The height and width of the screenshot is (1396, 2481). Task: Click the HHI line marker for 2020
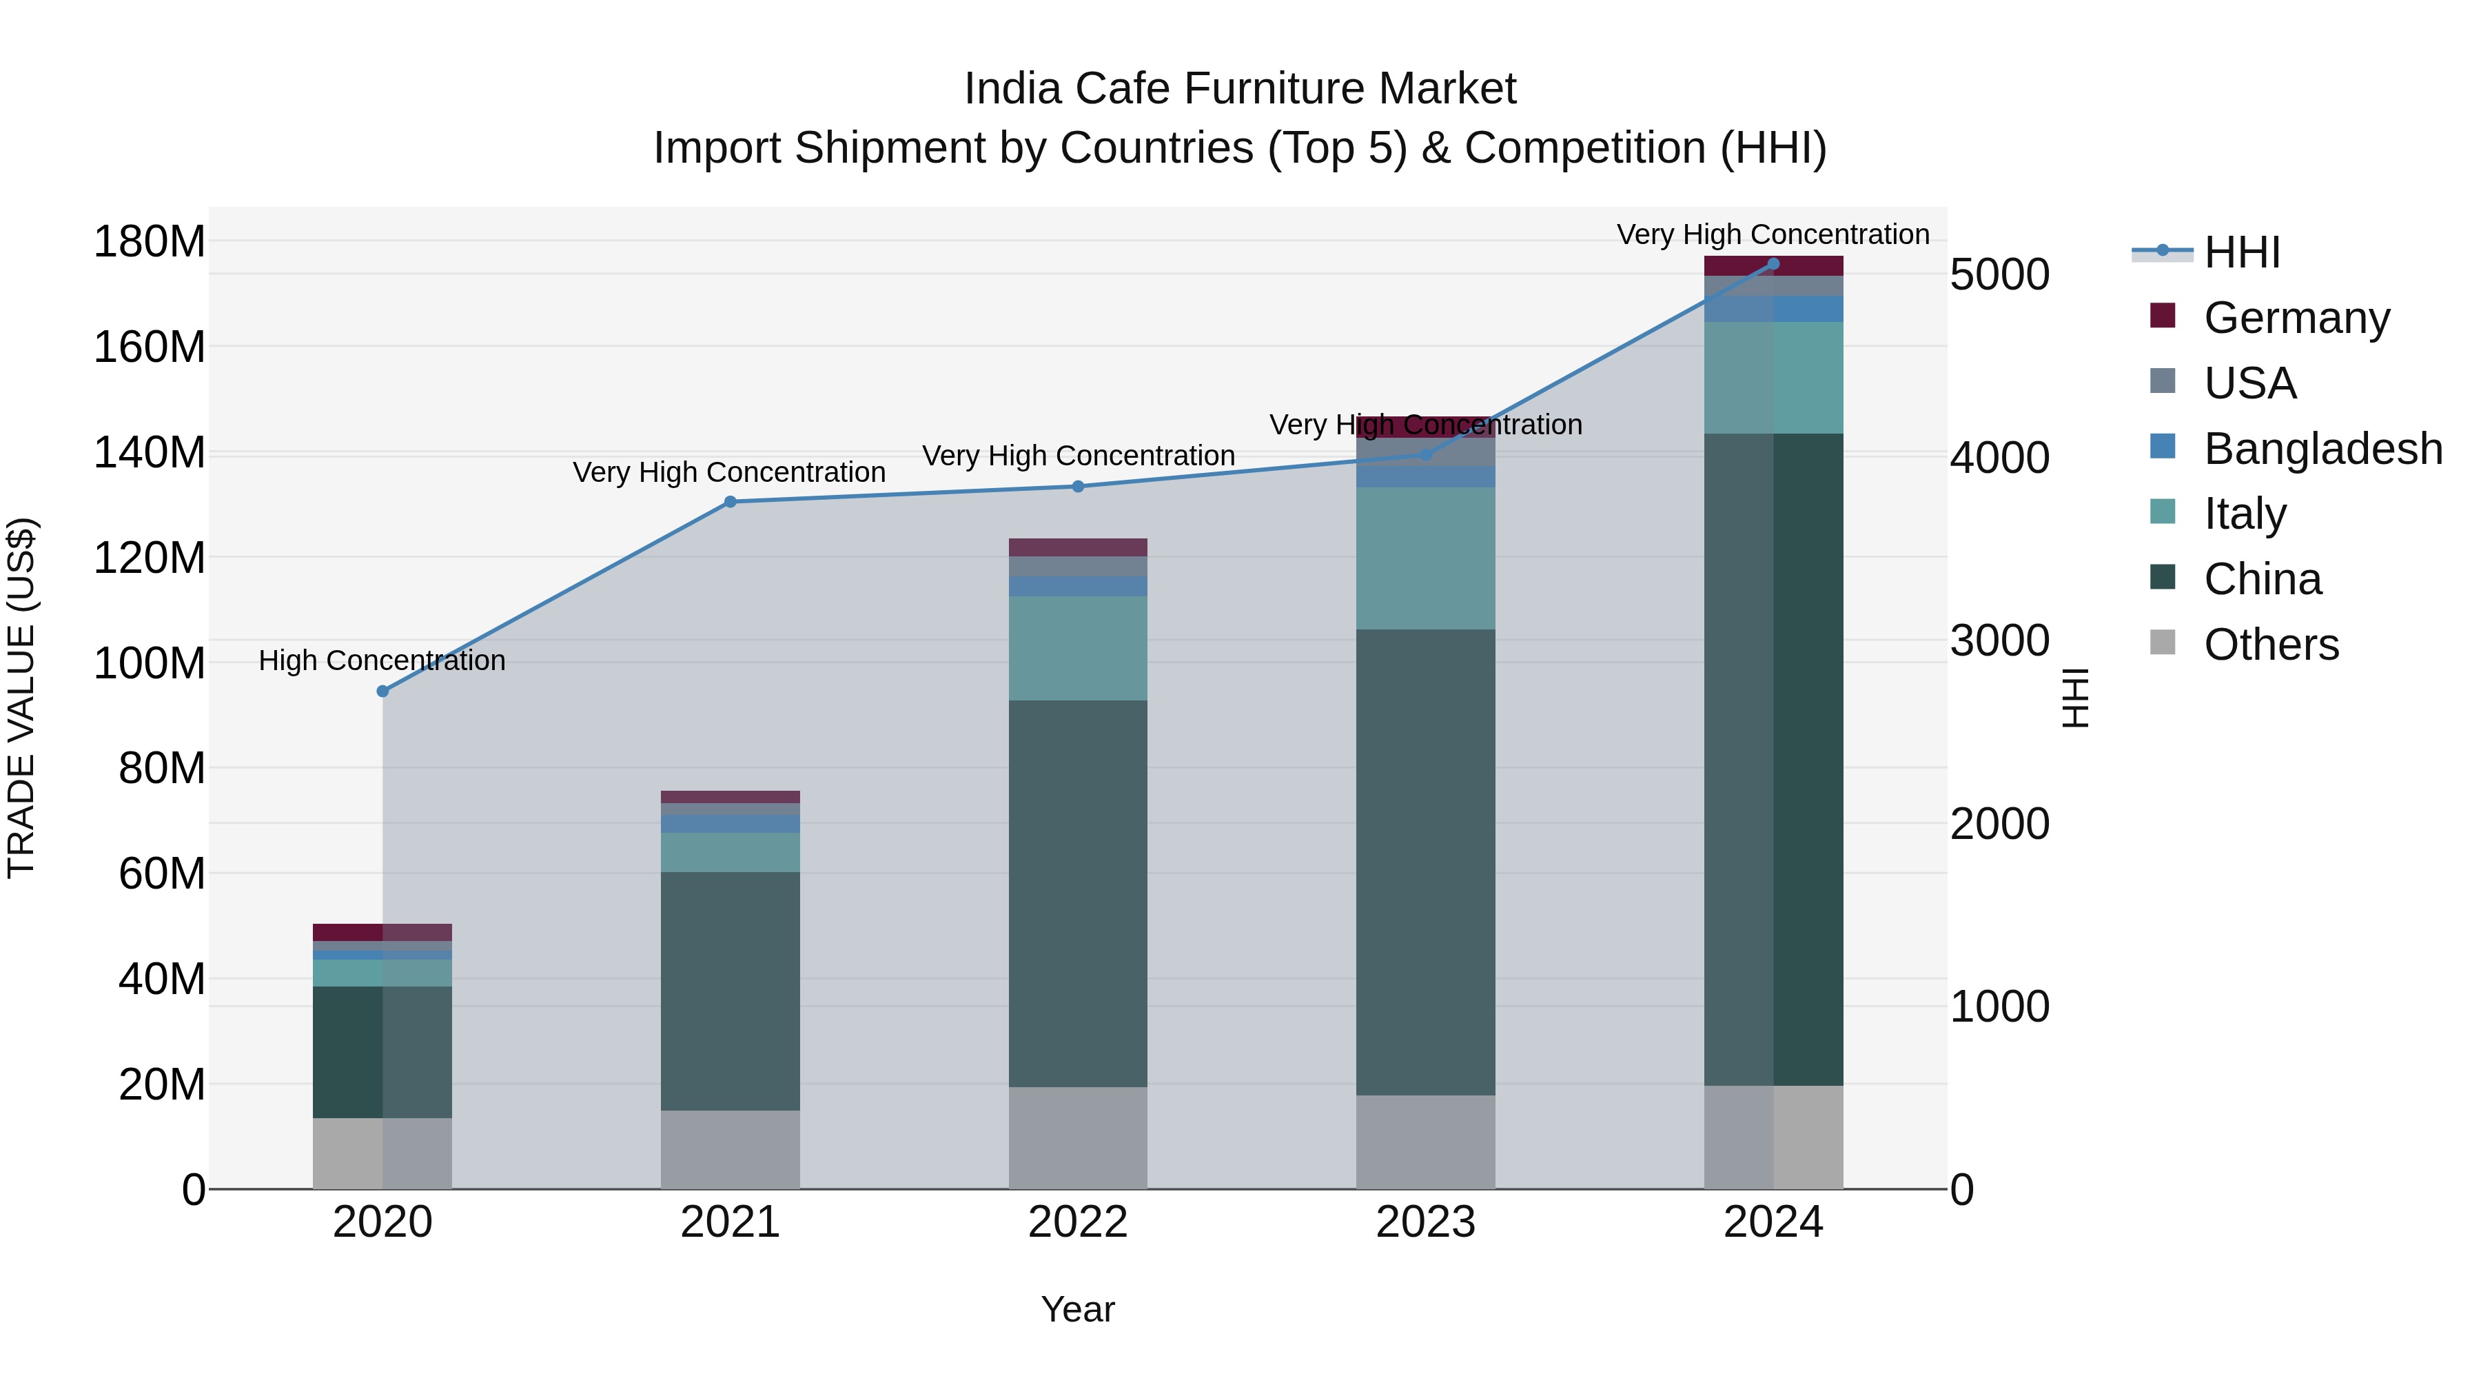point(382,691)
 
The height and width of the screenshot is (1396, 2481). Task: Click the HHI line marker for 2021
point(730,501)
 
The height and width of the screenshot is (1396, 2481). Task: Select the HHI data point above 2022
point(1078,487)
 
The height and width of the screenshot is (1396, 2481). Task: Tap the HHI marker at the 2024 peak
point(1773,264)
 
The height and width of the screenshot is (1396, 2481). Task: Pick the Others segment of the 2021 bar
point(730,1149)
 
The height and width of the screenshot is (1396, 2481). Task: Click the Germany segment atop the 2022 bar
point(1078,547)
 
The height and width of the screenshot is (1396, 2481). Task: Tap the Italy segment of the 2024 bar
point(1773,378)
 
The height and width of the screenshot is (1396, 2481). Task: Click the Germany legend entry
point(2296,318)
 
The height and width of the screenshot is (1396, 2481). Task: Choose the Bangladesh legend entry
point(2322,449)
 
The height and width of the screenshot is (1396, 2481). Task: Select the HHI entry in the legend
point(2241,252)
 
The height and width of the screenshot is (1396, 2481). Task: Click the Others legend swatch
point(2162,643)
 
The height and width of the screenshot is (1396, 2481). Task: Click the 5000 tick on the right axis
point(1999,274)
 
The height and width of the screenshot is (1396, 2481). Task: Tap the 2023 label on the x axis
point(1425,1222)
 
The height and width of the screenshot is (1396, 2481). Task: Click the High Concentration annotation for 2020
point(382,661)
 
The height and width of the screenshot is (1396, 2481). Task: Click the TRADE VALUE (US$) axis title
point(22,698)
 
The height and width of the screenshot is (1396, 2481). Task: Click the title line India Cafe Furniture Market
point(1240,89)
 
